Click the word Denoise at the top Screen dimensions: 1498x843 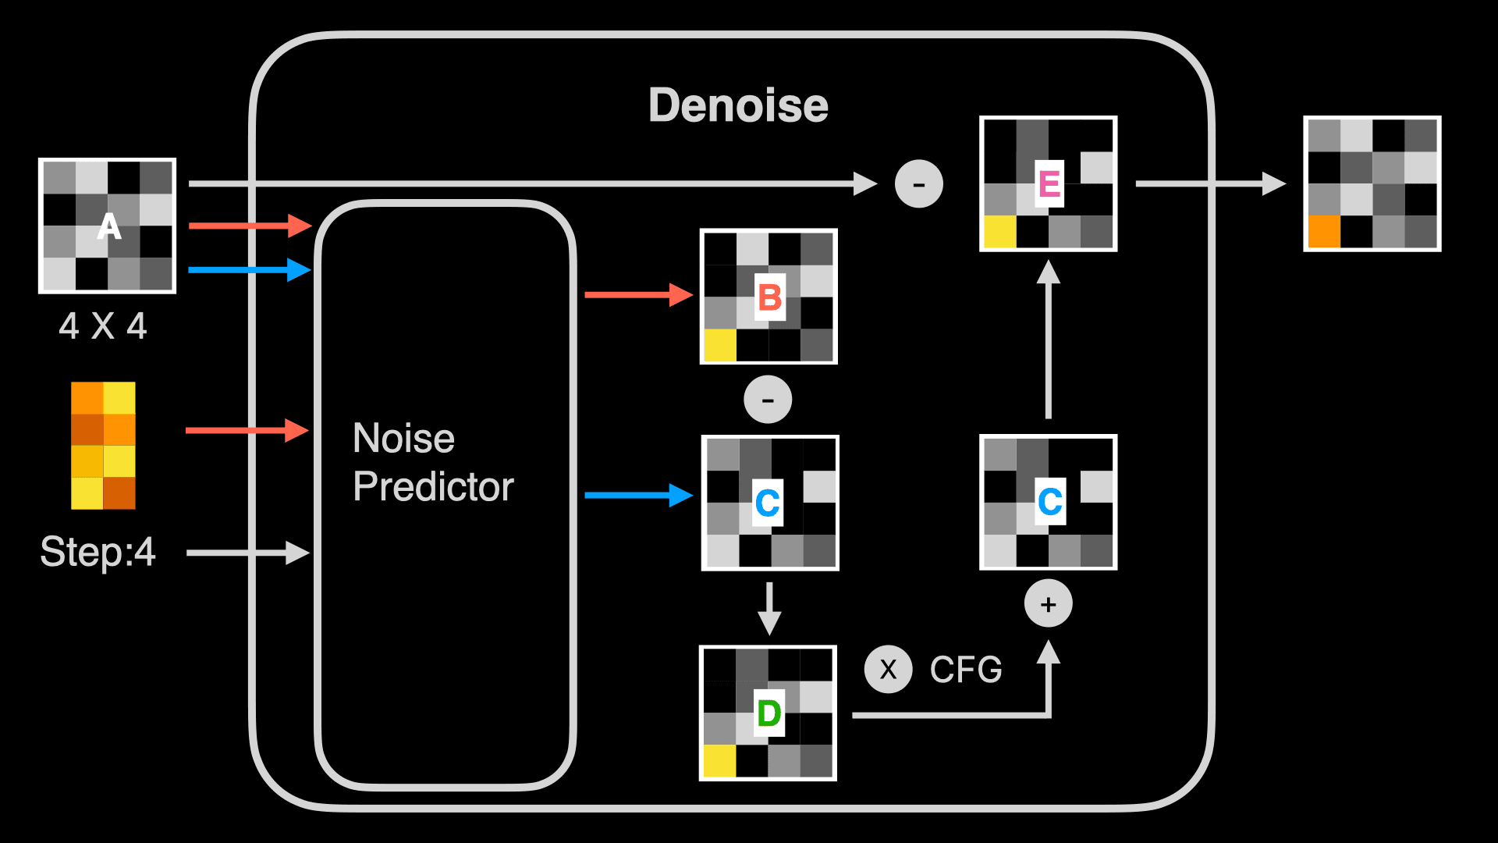pos(738,105)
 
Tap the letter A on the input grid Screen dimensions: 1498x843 pos(109,226)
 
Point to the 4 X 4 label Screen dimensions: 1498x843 pos(103,325)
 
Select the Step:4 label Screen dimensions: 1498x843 pos(98,552)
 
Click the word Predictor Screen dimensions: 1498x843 pos(433,487)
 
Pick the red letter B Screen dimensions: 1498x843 pos(770,297)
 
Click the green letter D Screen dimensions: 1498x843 pos(769,713)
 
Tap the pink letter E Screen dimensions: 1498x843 pos(1049,183)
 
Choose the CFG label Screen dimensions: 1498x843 pos(966,670)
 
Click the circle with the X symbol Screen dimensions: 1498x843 pos(888,670)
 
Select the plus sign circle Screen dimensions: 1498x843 pos(1049,603)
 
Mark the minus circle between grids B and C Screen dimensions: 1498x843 pos(768,400)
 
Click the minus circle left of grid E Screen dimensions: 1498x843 pos(919,184)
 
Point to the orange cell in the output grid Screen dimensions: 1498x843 pos(1324,231)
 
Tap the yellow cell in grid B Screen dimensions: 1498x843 pos(720,345)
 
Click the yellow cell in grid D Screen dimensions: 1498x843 pos(719,761)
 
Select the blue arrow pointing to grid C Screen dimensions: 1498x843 pos(639,495)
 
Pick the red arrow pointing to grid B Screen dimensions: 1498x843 pos(639,294)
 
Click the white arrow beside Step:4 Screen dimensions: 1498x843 pos(248,553)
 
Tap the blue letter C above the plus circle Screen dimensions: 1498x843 pos(1050,501)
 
